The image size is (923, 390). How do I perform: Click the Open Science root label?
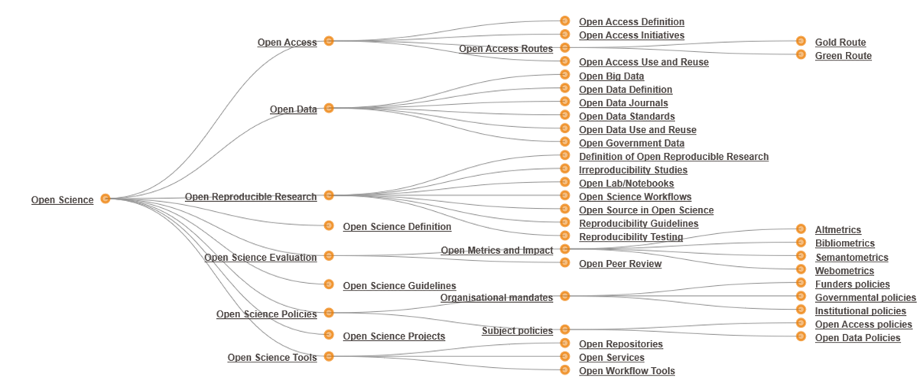click(62, 200)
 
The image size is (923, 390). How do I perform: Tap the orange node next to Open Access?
click(329, 41)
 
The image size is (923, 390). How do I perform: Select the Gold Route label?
click(840, 43)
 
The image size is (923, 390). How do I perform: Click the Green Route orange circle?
click(801, 55)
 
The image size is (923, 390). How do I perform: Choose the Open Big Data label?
click(611, 76)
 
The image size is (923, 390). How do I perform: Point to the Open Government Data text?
click(631, 144)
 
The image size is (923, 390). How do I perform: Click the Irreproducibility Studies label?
click(632, 171)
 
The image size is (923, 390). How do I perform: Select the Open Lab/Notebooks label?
click(626, 184)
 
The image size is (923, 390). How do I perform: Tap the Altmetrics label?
click(837, 230)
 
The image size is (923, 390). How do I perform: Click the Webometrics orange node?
click(801, 270)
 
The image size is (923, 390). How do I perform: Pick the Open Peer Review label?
click(619, 264)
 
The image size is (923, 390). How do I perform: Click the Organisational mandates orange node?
click(565, 296)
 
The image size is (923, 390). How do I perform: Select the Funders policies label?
click(852, 284)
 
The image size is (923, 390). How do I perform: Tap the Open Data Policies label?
click(857, 338)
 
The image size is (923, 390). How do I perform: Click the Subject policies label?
click(517, 331)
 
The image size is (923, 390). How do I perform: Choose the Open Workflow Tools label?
click(626, 372)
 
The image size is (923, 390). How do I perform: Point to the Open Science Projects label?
click(393, 336)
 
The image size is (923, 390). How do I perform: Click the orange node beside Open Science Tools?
click(329, 356)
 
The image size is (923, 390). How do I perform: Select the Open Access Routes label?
click(505, 49)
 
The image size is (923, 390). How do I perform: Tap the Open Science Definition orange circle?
click(329, 226)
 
